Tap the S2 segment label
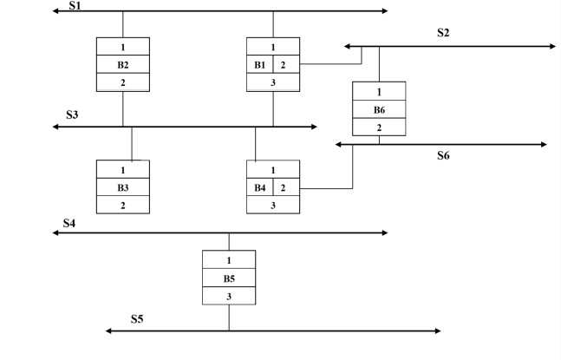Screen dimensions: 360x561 (444, 33)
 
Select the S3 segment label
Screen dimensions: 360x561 (73, 115)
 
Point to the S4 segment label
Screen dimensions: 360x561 (70, 223)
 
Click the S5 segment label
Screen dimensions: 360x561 (137, 319)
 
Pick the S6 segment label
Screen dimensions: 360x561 (444, 156)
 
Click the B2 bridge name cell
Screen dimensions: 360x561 (122, 64)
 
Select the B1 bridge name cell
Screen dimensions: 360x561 (260, 64)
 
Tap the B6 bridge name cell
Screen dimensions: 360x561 (379, 109)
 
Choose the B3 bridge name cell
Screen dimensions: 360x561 (122, 187)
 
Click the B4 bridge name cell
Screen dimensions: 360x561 (260, 187)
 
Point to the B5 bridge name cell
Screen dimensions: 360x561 (229, 278)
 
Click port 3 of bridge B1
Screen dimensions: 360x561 (273, 82)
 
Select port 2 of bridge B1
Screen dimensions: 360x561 (287, 64)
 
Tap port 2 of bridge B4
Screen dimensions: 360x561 (287, 187)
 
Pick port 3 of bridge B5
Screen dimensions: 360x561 (229, 296)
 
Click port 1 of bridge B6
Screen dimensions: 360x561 (379, 91)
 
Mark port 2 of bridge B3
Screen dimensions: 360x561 (122, 205)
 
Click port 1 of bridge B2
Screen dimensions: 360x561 (122, 47)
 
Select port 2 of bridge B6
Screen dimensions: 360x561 (379, 127)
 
